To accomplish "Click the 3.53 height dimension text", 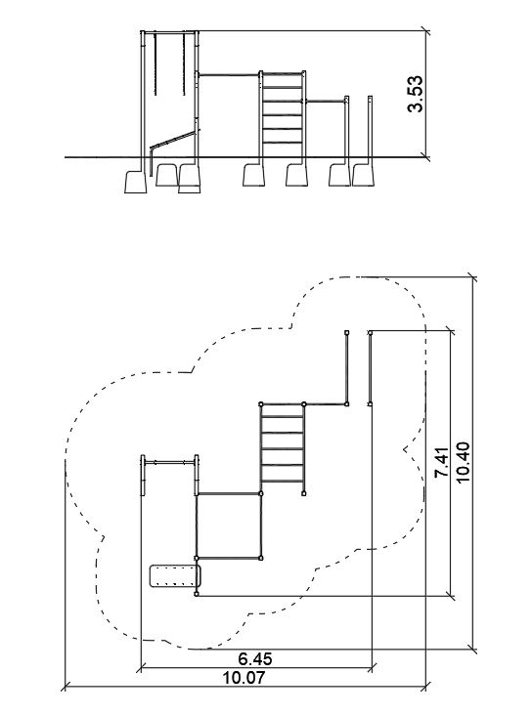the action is [x=416, y=94].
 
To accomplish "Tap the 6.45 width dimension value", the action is [x=255, y=658].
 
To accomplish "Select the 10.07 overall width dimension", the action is [x=244, y=678].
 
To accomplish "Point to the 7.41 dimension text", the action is [x=442, y=463].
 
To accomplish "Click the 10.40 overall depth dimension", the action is [x=463, y=462].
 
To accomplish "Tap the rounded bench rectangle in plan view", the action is [x=175, y=576].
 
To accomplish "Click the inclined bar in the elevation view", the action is [x=173, y=139].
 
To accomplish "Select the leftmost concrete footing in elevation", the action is [x=136, y=182].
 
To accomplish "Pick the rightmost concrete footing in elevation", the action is [x=363, y=176].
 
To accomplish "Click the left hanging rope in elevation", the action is [x=155, y=63].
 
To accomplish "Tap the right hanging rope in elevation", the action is [x=184, y=63].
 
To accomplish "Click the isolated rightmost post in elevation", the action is [x=370, y=127].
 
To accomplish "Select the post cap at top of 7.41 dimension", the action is [x=370, y=332].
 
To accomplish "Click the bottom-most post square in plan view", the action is [x=197, y=594].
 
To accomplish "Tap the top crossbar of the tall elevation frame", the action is [x=170, y=32].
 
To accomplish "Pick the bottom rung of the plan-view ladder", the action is [x=283, y=481].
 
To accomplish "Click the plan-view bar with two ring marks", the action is [x=169, y=463].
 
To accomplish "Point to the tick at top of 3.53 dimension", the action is [x=425, y=31].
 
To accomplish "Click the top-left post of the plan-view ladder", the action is [x=261, y=404].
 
